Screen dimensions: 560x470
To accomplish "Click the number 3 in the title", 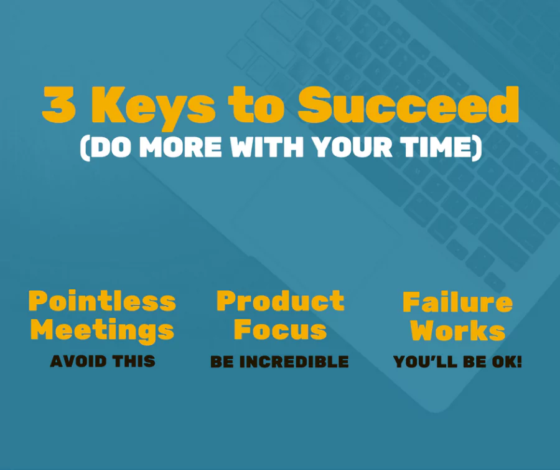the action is (x=59, y=105).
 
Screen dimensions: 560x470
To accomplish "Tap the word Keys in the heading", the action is (x=154, y=107).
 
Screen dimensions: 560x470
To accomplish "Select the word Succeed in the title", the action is (x=408, y=105).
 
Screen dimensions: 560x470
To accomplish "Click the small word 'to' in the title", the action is (x=256, y=106).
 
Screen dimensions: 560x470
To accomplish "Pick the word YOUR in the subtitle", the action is (x=352, y=146).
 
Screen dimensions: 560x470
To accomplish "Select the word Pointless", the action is (x=102, y=300).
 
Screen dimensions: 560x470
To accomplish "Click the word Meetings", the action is (x=103, y=330).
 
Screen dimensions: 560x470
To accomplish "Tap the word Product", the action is (x=281, y=300).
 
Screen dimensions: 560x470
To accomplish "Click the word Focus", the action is (x=281, y=329).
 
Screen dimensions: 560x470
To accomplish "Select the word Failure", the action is (x=457, y=302).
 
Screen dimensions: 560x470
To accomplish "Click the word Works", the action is (x=457, y=330).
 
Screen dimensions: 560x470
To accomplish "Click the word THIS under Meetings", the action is (x=134, y=361).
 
